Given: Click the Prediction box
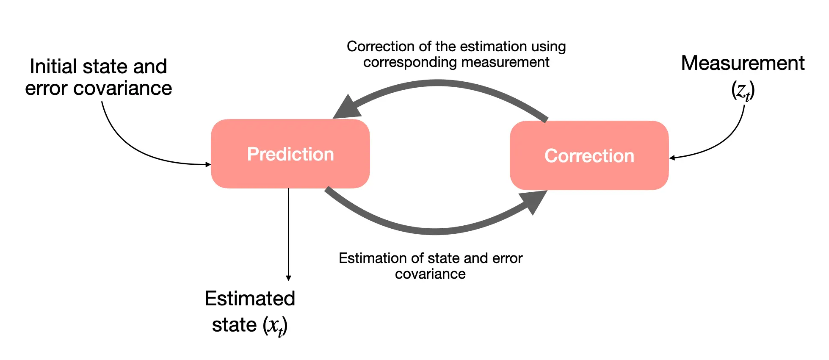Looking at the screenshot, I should click(x=290, y=154).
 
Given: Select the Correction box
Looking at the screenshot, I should click(x=589, y=155).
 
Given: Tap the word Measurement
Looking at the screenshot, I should click(x=743, y=64).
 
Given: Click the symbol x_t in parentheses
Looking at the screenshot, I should click(x=275, y=326).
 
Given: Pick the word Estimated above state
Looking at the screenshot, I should click(x=250, y=299).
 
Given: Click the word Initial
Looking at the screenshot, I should click(x=54, y=66).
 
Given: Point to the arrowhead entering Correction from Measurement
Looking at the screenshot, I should click(x=672, y=158).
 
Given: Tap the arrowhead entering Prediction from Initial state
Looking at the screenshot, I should click(x=208, y=164).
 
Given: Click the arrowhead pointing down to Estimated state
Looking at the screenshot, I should click(x=288, y=278).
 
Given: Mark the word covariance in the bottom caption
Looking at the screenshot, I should click(x=430, y=274).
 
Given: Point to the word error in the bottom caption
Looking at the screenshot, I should click(x=507, y=258).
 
